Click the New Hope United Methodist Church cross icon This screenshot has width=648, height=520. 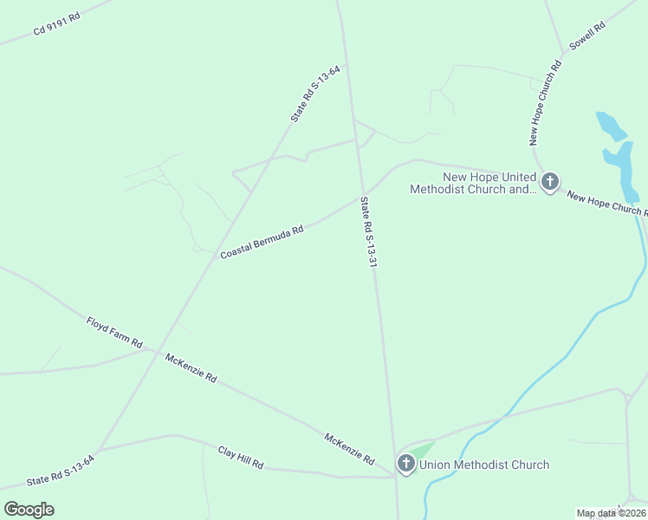549,182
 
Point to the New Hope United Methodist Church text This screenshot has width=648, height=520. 472,183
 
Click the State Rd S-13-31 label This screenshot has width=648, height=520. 367,231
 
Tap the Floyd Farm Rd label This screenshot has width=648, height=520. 113,333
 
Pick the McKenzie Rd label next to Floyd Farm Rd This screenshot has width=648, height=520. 191,368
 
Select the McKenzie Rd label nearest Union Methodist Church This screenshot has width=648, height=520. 349,448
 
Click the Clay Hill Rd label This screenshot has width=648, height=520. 240,458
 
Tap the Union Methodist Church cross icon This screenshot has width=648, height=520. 405,464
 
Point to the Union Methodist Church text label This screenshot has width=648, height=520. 484,465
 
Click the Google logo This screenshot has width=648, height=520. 29,509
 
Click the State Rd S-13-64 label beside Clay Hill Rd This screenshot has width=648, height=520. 60,469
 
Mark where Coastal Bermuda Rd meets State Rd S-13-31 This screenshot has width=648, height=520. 364,193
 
